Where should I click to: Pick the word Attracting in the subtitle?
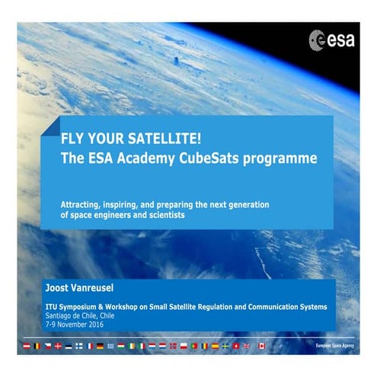point(80,205)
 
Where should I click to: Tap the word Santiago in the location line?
point(59,315)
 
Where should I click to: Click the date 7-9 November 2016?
point(74,324)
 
